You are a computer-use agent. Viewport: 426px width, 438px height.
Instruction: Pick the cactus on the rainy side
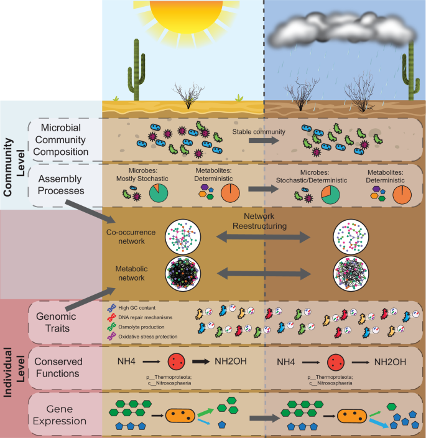[x=412, y=73]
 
